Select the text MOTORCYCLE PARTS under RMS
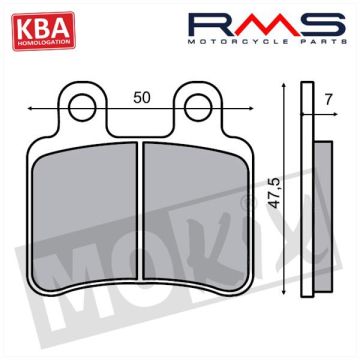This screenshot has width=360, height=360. click(x=273, y=42)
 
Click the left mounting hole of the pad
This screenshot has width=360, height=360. click(x=84, y=104)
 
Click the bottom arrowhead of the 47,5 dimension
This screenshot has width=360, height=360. click(x=286, y=290)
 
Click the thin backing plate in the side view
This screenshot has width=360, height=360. click(x=307, y=200)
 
